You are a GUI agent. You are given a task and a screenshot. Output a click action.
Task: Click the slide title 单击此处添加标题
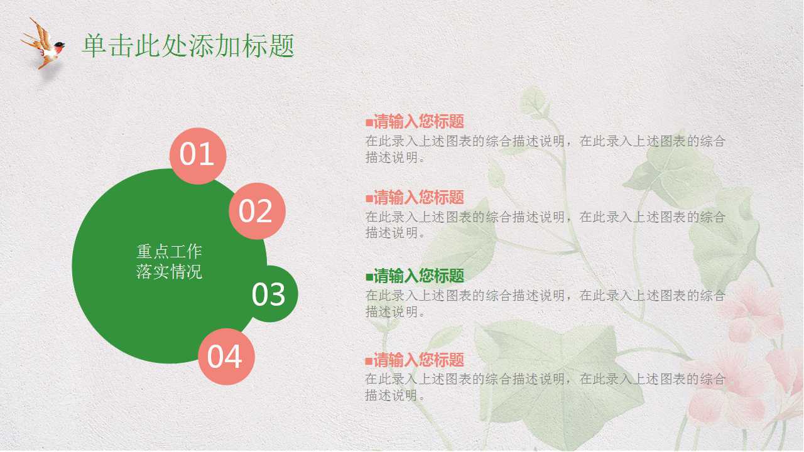click(188, 46)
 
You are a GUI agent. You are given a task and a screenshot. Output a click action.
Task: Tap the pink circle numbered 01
click(198, 155)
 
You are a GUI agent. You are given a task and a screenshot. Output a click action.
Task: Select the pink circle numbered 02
click(256, 211)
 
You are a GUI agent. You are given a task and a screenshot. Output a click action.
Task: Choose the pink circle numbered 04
click(225, 357)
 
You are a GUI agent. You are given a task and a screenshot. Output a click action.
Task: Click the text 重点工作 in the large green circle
click(169, 252)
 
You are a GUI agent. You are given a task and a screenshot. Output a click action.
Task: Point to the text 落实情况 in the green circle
click(169, 272)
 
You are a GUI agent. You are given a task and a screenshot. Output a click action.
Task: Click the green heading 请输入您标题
click(418, 276)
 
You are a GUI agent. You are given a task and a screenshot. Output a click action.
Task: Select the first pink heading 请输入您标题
click(418, 122)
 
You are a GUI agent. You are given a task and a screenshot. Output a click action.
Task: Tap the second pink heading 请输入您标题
click(418, 198)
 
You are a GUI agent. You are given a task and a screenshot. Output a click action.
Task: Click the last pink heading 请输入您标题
click(418, 360)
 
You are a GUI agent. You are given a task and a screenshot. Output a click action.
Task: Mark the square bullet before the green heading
click(369, 276)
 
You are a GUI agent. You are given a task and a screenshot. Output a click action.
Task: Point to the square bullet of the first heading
click(369, 122)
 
